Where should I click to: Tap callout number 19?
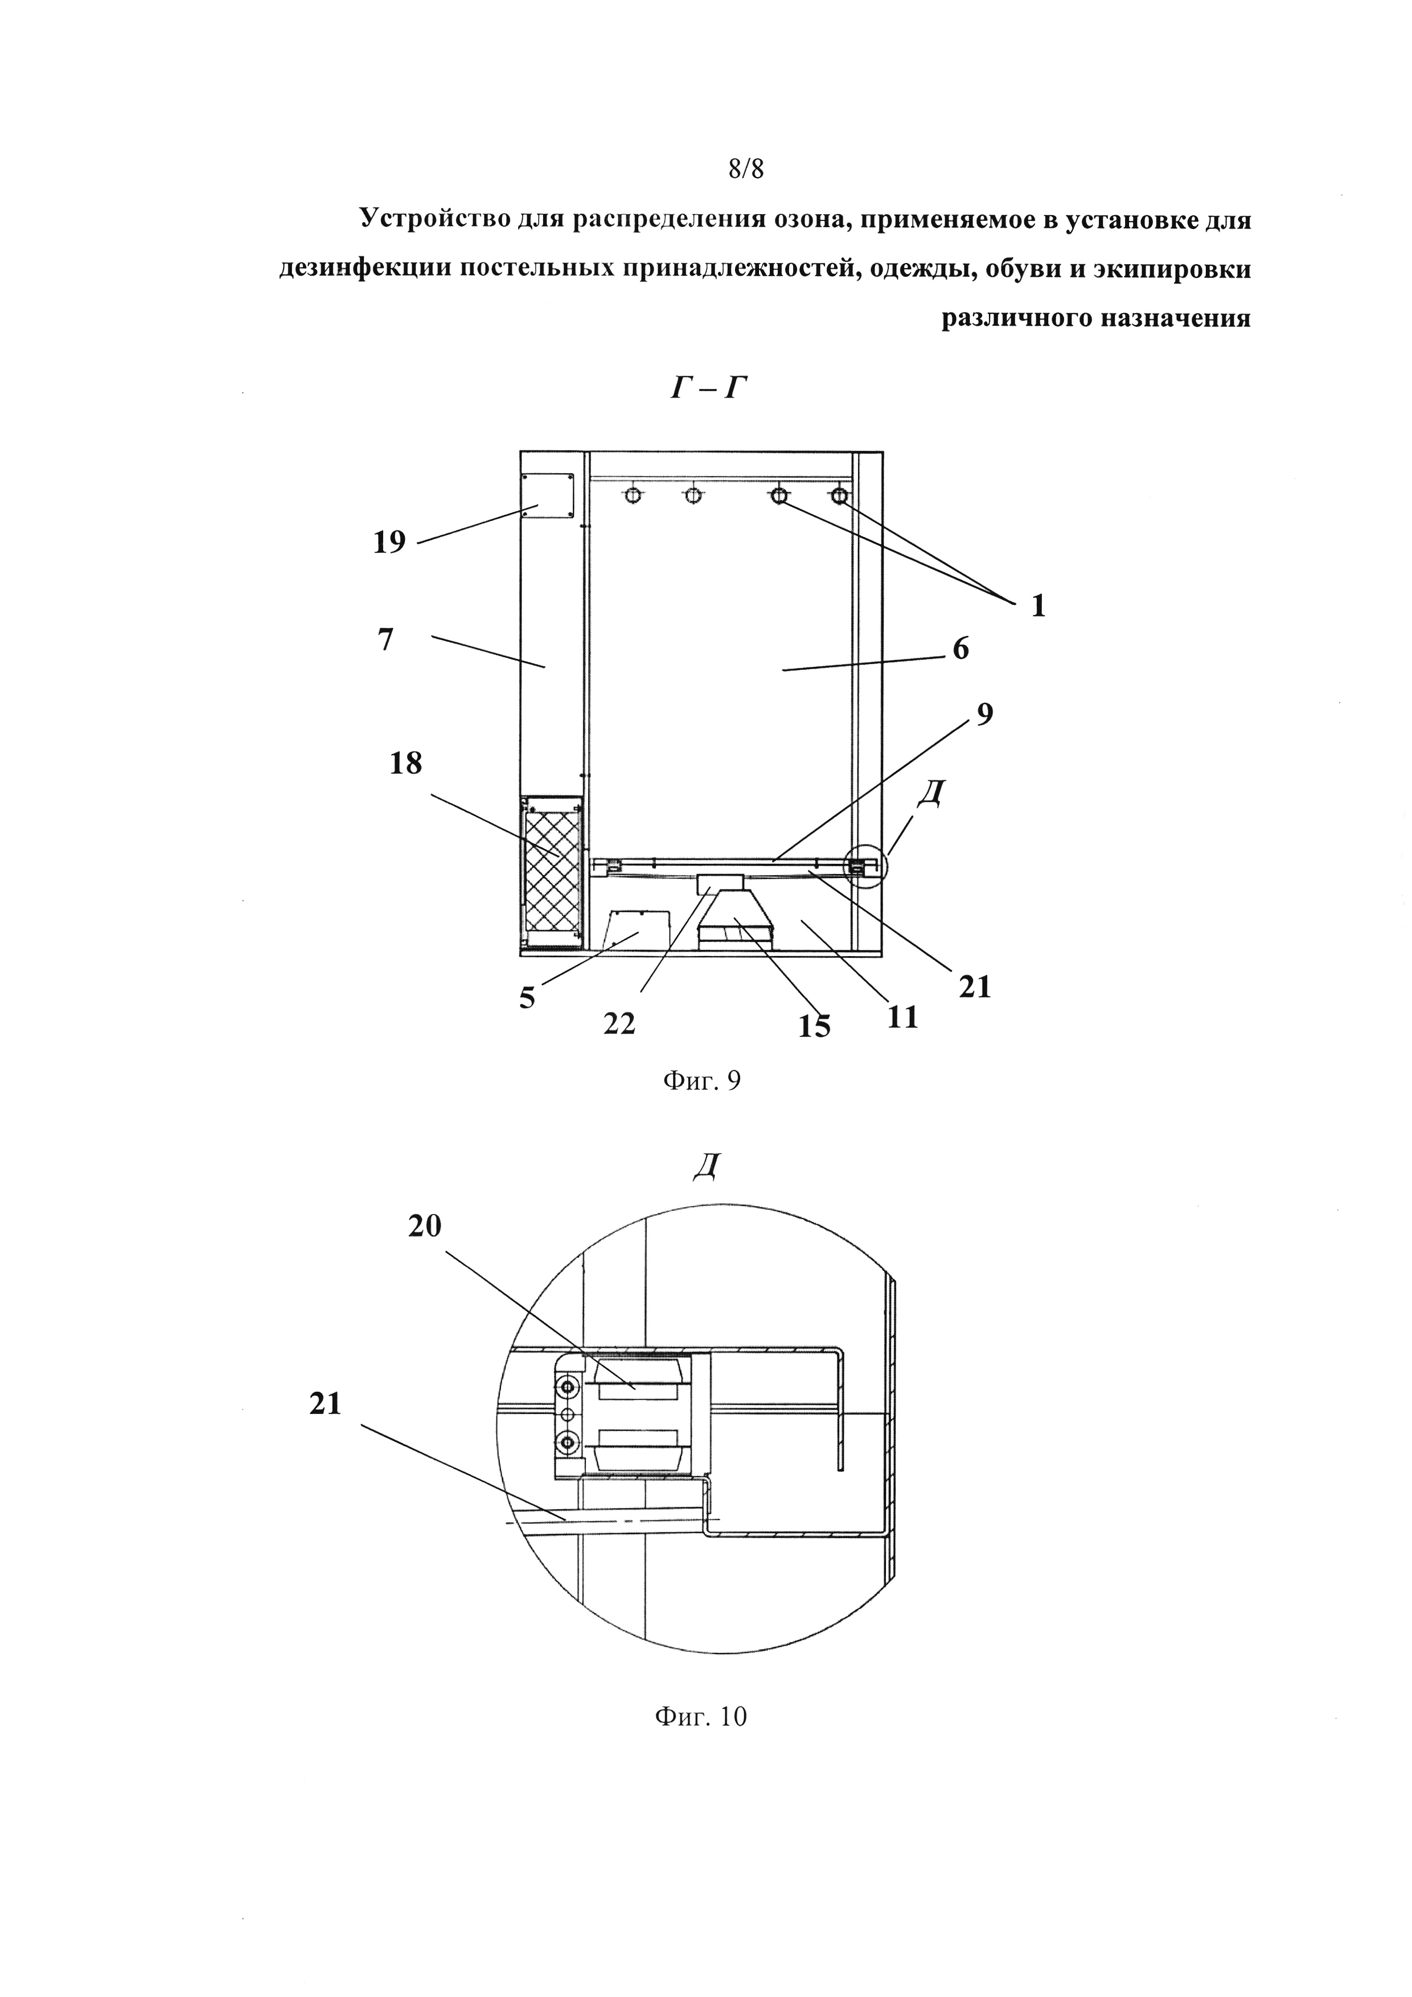[x=389, y=542]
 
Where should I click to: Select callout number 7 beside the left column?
[x=386, y=639]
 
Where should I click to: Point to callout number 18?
[x=406, y=764]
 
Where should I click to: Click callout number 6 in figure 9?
[x=960, y=649]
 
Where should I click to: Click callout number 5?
[x=527, y=998]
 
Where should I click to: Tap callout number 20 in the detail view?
[x=424, y=1227]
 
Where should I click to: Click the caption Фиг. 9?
[x=701, y=1081]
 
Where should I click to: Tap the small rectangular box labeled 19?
[x=547, y=497]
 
